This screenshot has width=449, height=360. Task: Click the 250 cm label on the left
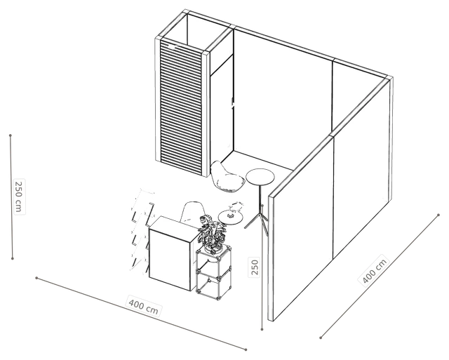pyautogui.click(x=19, y=196)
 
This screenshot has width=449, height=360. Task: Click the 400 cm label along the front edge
pyautogui.click(x=143, y=307)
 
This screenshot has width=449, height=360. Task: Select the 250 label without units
pyautogui.click(x=255, y=267)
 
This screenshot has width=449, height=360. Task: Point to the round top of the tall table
pyautogui.click(x=260, y=177)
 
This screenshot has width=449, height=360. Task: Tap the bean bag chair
pyautogui.click(x=227, y=177)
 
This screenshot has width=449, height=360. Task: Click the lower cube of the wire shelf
pyautogui.click(x=213, y=284)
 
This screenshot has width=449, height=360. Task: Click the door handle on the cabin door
pyautogui.click(x=233, y=103)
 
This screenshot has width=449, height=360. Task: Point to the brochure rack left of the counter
pyautogui.click(x=141, y=230)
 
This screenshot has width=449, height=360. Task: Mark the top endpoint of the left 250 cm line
pyautogui.click(x=11, y=135)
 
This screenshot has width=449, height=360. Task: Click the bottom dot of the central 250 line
pyautogui.click(x=262, y=329)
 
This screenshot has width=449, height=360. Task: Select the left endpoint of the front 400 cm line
pyautogui.click(x=36, y=278)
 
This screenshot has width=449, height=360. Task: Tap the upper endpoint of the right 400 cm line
pyautogui.click(x=438, y=215)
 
